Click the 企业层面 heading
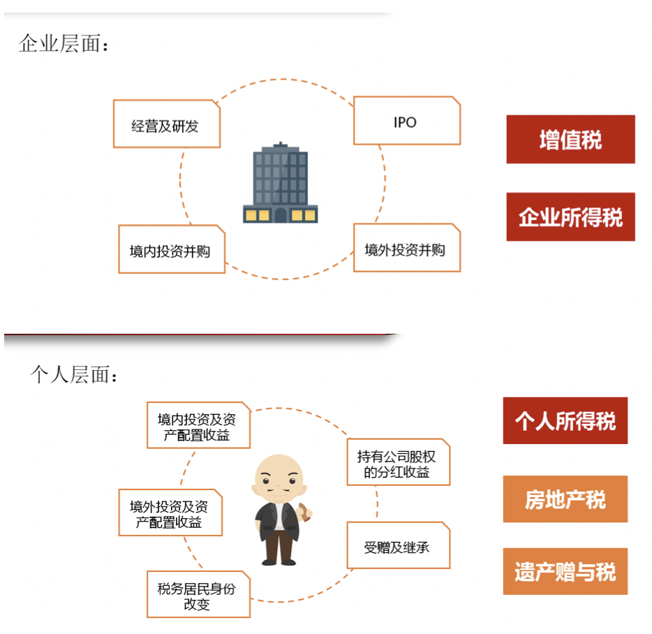pos(64,45)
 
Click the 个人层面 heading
pos(74,375)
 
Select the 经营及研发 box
pos(166,125)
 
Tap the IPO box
pos(406,121)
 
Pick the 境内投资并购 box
pos(171,249)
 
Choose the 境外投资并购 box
pos(406,249)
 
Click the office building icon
pos(280,184)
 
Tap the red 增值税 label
pos(570,140)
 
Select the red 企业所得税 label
pos(570,217)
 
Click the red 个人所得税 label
pos(565,421)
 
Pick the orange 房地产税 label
pos(565,499)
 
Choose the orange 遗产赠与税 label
pos(565,572)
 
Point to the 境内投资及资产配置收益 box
pos(198,426)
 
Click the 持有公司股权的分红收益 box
pos(398,464)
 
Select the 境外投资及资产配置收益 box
pos(170,513)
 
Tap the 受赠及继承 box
pos(398,545)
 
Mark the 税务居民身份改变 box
pos(198,595)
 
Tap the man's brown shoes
pos(279,560)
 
